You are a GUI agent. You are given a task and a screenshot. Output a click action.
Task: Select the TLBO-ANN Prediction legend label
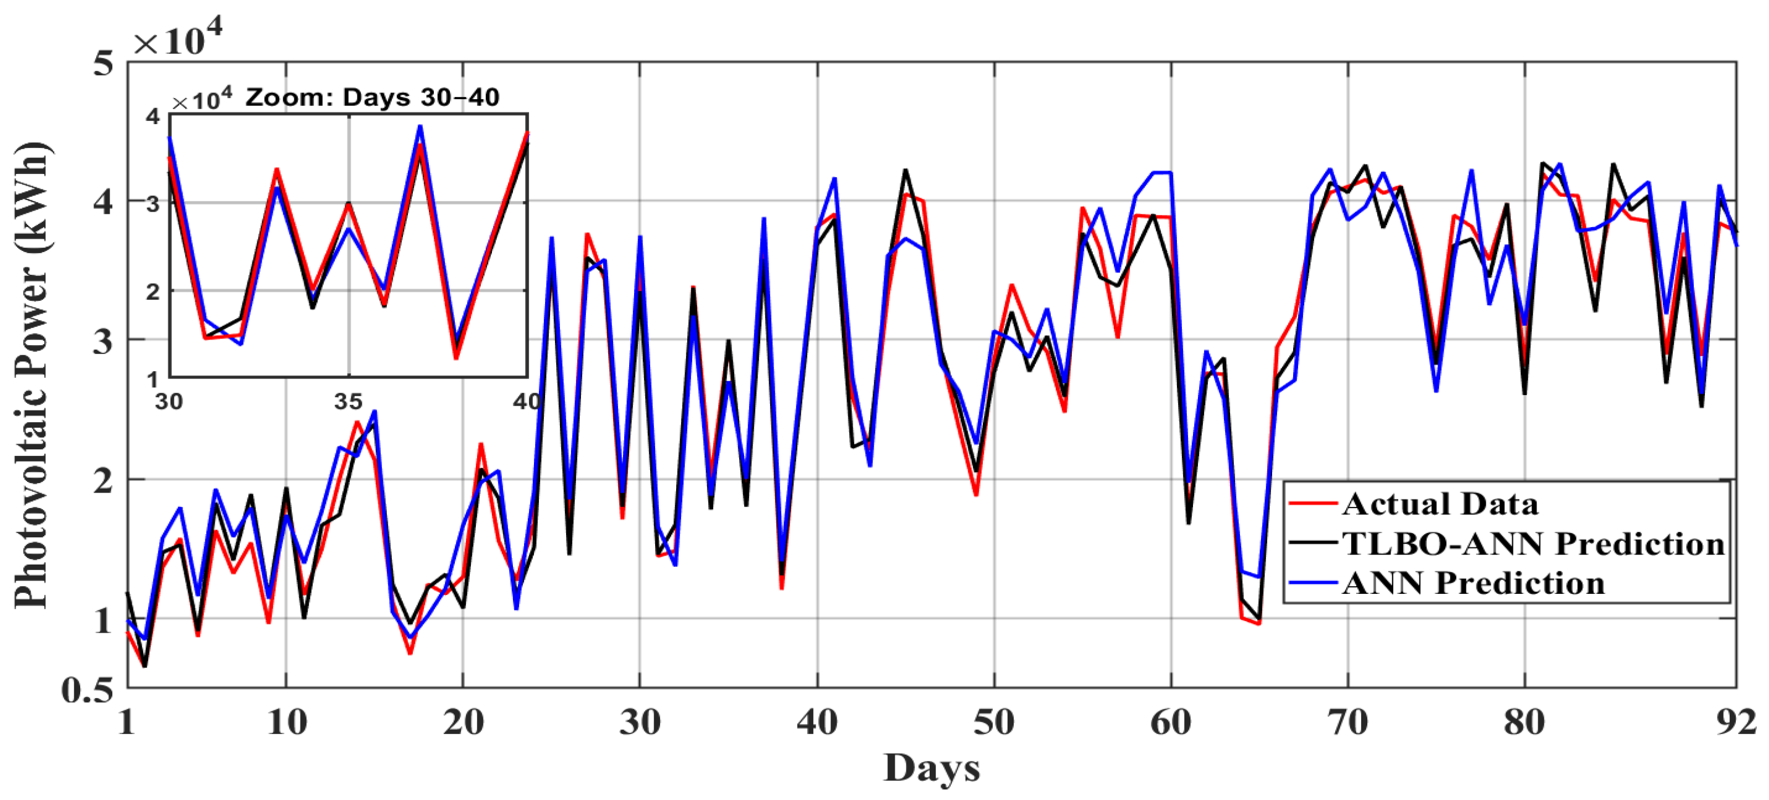[x=1533, y=543]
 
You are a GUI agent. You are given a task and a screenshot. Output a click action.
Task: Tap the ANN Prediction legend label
[x=1474, y=583]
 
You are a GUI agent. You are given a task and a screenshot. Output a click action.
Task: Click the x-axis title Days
[x=931, y=768]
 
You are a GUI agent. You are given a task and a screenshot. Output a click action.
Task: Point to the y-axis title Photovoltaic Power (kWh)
[x=30, y=375]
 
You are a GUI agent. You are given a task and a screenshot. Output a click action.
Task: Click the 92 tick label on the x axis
[x=1736, y=722]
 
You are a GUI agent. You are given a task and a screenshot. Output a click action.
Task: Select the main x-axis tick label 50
[x=994, y=722]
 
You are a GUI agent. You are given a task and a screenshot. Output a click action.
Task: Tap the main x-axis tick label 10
[x=286, y=722]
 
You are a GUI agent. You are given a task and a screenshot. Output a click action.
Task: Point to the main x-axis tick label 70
[x=1347, y=722]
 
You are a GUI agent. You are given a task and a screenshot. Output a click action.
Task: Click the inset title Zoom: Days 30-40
[x=372, y=98]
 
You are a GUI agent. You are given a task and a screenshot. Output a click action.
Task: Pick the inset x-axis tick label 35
[x=348, y=401]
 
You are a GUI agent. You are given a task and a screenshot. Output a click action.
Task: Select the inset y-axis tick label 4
[x=153, y=116]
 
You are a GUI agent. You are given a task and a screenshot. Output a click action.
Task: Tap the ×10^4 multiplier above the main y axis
[x=177, y=40]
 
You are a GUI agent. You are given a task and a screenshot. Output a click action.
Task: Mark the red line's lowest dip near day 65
[x=1259, y=623]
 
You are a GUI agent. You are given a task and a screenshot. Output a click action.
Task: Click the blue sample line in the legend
[x=1313, y=583]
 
